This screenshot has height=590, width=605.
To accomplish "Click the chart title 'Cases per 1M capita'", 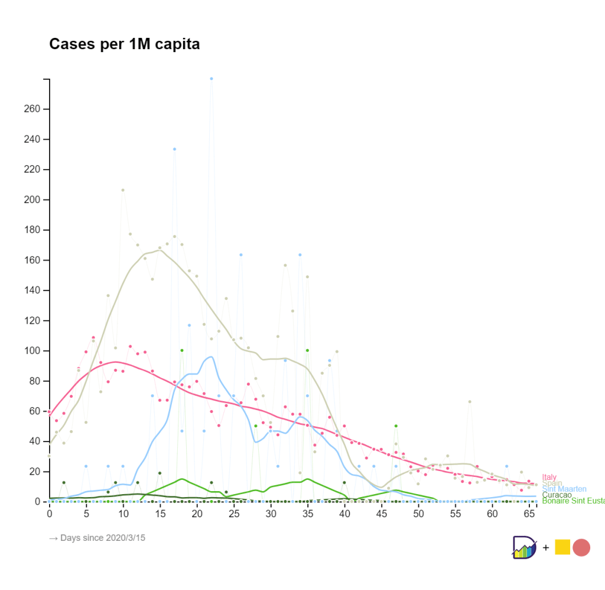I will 124,44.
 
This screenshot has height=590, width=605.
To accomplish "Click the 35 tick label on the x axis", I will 308,514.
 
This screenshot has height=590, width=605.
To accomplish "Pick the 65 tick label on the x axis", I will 529,514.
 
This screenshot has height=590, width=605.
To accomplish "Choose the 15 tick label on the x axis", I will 160,514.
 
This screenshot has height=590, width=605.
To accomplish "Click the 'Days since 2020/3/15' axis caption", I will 97,538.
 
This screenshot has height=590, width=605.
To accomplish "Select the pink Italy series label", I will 549,477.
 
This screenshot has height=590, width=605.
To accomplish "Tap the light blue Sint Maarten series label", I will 564,489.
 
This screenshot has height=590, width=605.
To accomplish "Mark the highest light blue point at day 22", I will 212,79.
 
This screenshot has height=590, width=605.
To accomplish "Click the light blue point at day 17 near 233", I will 174,149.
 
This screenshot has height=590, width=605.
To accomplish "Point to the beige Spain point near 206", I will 123,190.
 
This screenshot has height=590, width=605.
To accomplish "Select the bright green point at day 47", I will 396,426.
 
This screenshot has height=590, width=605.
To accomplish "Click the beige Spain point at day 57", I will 470,402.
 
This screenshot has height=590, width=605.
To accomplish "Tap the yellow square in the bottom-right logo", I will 562,547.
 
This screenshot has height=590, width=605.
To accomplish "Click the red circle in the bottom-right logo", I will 581,547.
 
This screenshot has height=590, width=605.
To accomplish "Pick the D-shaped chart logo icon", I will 525,547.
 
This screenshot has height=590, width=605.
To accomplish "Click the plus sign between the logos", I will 545,548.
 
